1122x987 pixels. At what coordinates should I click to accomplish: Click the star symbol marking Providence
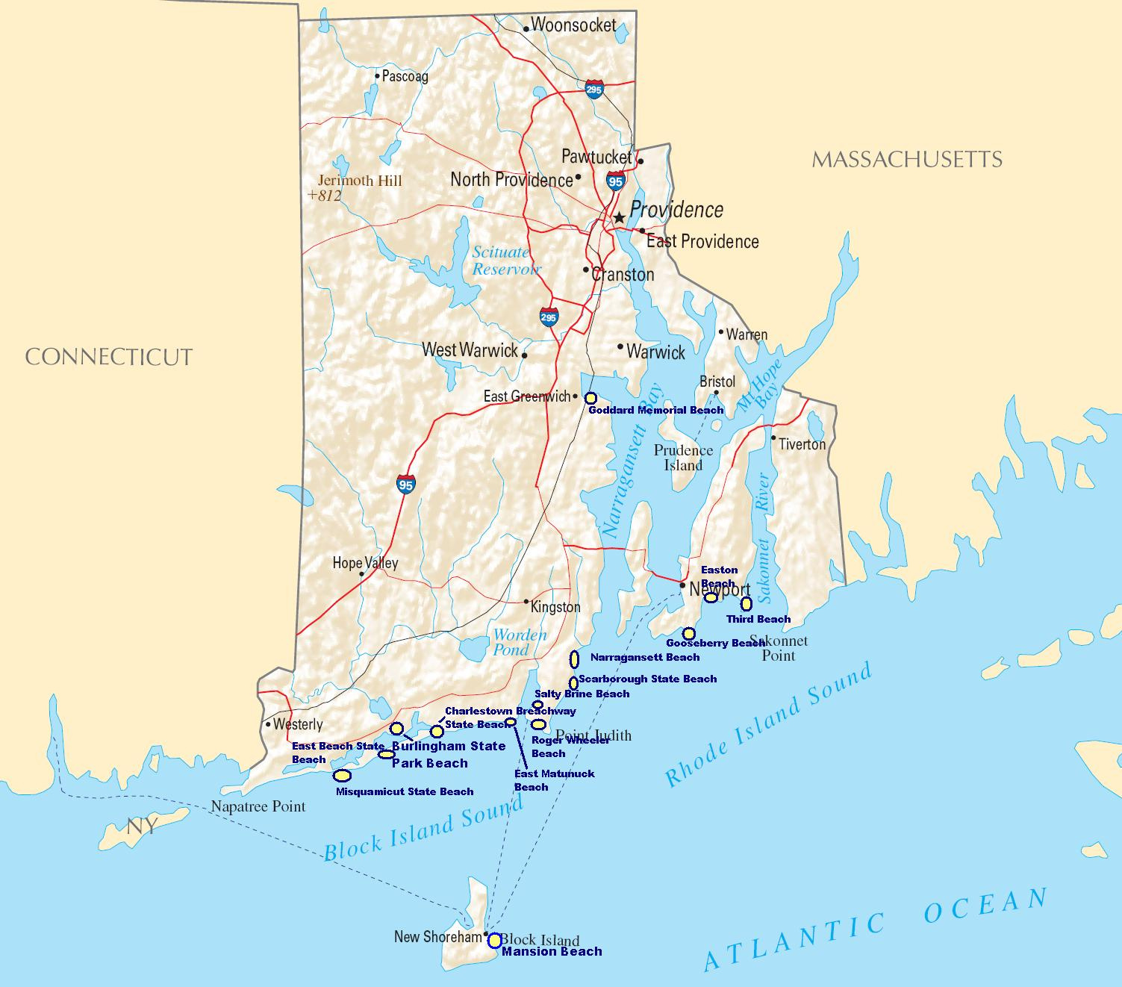click(619, 217)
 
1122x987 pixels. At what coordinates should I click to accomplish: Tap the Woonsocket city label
click(573, 25)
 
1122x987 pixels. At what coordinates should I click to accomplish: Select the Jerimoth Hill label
click(359, 181)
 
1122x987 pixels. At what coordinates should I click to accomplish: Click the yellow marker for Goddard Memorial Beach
click(590, 398)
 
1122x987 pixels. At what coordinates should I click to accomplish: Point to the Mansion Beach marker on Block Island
click(494, 941)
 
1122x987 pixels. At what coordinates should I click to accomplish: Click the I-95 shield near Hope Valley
click(405, 484)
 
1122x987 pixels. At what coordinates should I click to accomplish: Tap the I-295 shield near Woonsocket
click(594, 90)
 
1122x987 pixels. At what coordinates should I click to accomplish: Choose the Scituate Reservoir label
click(505, 261)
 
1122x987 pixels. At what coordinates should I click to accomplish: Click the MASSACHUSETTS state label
click(906, 159)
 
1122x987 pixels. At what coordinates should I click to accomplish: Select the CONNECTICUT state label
click(109, 357)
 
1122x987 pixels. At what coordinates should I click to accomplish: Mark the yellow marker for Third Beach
click(746, 603)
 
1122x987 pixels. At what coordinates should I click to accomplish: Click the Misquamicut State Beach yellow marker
click(343, 775)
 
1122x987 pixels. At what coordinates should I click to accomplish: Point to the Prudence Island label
click(683, 458)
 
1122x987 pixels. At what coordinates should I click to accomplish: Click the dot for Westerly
click(267, 723)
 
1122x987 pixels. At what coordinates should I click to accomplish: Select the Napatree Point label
click(258, 806)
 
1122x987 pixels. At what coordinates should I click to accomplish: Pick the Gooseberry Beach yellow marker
click(689, 634)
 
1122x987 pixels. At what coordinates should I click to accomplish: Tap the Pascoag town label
click(405, 76)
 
